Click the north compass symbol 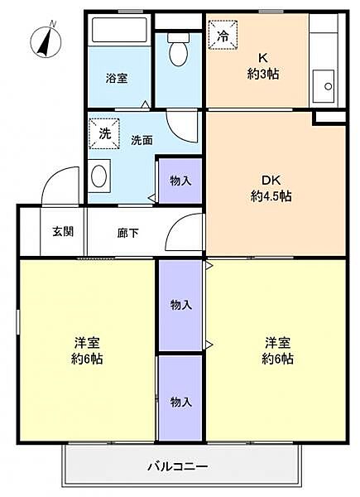click(x=46, y=41)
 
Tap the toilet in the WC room click(x=178, y=49)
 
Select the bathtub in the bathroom click(x=119, y=30)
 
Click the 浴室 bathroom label click(x=117, y=79)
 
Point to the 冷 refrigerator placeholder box click(x=223, y=35)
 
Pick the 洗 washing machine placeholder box click(x=104, y=133)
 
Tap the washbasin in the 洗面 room click(x=99, y=176)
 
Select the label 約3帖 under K click(x=263, y=75)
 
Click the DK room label click(x=271, y=181)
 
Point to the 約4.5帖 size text click(x=271, y=196)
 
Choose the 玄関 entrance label click(x=63, y=231)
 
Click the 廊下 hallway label click(x=128, y=233)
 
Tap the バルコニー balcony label click(x=178, y=466)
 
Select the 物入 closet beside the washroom click(x=180, y=181)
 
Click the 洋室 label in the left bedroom click(x=87, y=343)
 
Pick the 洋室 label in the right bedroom click(x=278, y=343)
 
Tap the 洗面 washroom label click(x=142, y=140)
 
